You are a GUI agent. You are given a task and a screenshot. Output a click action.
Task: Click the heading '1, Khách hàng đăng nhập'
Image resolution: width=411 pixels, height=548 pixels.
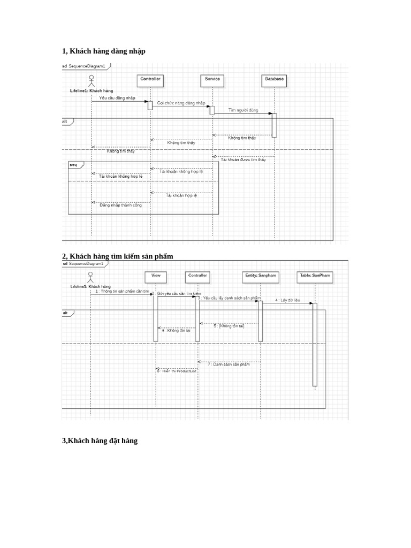103,51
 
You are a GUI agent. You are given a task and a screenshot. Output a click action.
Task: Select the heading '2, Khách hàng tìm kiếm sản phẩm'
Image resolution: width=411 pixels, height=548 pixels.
118,256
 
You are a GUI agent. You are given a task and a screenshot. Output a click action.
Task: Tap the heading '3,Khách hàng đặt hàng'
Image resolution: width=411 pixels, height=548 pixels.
100,440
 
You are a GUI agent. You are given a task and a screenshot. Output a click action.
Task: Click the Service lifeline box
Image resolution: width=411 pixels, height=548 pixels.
212,80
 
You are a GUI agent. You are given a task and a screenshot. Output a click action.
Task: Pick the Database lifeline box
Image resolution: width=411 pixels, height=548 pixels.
275,80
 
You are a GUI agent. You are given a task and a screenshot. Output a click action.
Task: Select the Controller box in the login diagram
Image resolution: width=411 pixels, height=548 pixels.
150,80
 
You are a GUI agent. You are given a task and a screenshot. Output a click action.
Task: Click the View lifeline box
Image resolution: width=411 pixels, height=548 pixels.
156,276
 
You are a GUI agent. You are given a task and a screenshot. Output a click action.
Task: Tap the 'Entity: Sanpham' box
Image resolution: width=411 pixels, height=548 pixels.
261,276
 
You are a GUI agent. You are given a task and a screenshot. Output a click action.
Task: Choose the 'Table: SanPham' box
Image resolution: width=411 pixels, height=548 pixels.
314,276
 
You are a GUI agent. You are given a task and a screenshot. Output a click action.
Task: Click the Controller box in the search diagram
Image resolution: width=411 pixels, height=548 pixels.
197,276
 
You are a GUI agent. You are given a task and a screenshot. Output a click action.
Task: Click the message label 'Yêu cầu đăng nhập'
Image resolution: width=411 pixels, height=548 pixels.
117,98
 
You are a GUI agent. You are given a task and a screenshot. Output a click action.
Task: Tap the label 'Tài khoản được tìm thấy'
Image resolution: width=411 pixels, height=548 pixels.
243,159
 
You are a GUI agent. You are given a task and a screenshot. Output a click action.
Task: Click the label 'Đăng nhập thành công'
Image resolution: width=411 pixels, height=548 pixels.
121,205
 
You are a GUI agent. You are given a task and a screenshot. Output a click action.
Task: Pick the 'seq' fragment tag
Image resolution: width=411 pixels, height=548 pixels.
73,165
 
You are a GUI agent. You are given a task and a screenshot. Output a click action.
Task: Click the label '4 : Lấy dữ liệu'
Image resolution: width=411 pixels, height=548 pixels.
288,300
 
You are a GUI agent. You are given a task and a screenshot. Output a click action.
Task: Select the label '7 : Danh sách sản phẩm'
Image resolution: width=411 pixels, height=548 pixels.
229,364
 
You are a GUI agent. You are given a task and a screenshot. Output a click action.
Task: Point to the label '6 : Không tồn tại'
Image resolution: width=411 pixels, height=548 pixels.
176,331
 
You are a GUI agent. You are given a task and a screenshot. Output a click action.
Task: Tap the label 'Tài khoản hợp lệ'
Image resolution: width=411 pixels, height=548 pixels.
181,195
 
